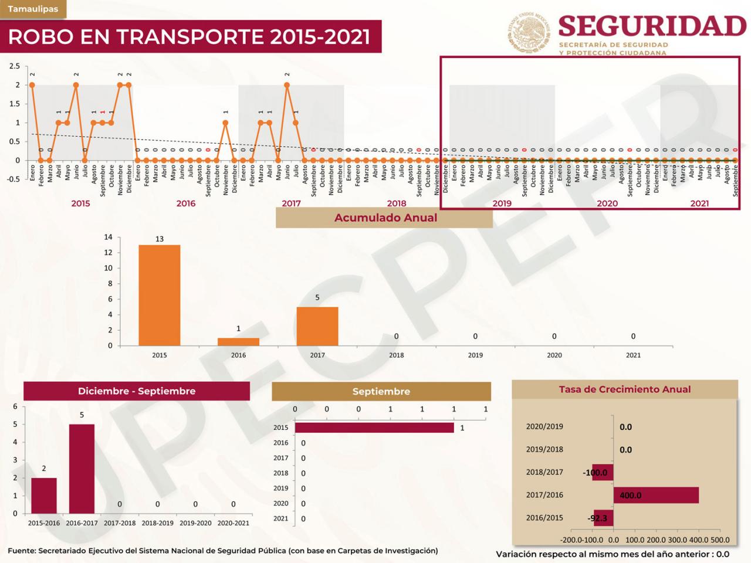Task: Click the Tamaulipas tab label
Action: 33,9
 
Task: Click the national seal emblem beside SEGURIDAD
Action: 529,33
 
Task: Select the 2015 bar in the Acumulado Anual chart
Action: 159,295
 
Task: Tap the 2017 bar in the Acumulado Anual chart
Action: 317,326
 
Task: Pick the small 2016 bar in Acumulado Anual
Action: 238,342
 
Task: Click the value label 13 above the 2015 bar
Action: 160,239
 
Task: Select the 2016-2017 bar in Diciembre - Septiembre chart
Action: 82,469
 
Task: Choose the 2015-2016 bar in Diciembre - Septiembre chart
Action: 44,496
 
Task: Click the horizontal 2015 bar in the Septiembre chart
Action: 374,428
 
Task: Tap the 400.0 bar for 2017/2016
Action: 656,495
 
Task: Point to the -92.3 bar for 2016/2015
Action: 604,518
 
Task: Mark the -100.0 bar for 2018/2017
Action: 603,472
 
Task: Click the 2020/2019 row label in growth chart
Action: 544,426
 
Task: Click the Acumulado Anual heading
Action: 385,218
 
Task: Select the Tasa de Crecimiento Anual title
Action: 625,389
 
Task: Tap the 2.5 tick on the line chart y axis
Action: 15,66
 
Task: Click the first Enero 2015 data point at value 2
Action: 32,85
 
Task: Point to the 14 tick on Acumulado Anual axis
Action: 108,237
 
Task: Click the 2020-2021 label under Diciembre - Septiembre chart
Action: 233,523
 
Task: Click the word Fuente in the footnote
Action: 22,551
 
